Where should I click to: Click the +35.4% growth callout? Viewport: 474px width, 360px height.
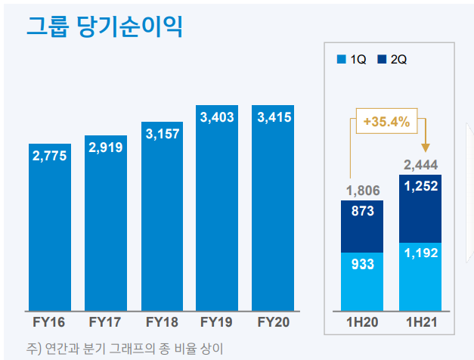(386, 121)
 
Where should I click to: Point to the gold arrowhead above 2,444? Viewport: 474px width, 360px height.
(426, 147)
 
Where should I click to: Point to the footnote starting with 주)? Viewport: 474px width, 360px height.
(125, 349)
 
